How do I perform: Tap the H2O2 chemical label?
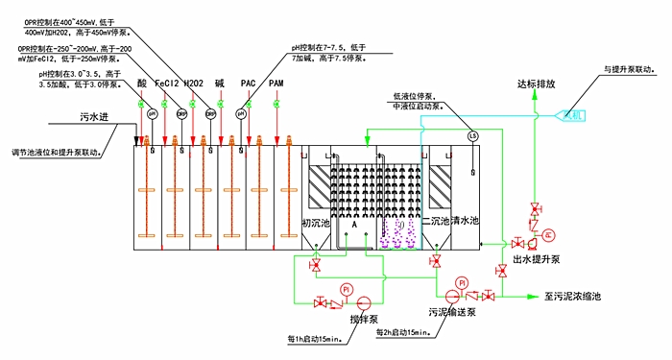point(194,84)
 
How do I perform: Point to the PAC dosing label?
point(248,84)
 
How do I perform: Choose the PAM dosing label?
point(276,84)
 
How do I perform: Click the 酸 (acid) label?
point(143,84)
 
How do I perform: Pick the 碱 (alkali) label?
point(220,84)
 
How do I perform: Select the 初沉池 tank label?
point(316,223)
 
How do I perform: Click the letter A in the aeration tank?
point(354,223)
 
